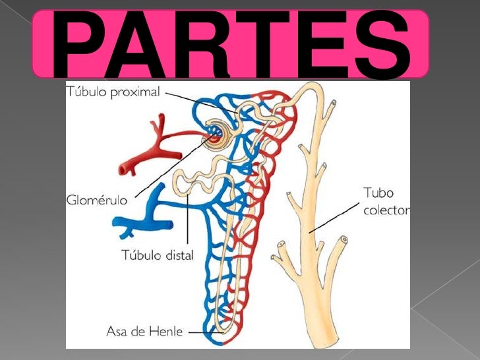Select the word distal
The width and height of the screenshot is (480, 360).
coord(177,255)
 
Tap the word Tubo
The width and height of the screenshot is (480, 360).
coord(378,194)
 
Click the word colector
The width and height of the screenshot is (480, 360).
coord(386,211)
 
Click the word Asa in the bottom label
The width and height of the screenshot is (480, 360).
coord(116,331)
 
